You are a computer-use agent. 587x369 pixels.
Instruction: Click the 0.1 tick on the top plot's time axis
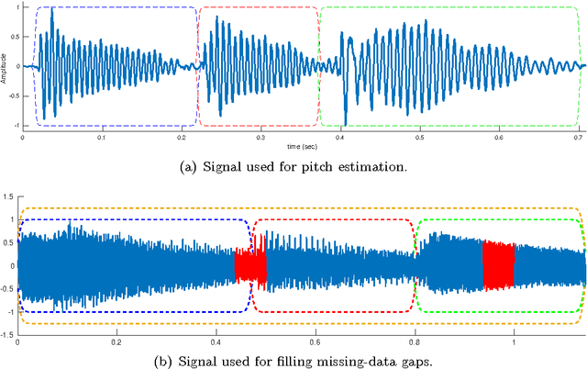[x=102, y=138]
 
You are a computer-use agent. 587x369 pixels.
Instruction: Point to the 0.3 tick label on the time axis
[x=261, y=138]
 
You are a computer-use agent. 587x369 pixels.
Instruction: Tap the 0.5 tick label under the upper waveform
[x=420, y=138]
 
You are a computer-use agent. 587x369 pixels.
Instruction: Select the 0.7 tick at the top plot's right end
[x=580, y=138]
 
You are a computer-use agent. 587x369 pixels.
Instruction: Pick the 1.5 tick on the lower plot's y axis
[x=9, y=196]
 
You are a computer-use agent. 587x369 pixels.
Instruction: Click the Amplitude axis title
[x=5, y=66]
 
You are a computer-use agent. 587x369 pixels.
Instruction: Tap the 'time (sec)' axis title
[x=302, y=146]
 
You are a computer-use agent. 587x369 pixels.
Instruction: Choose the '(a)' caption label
[x=171, y=166]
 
